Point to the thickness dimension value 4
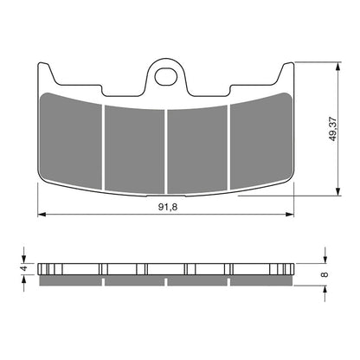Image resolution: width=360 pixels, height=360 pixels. point(23,267)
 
